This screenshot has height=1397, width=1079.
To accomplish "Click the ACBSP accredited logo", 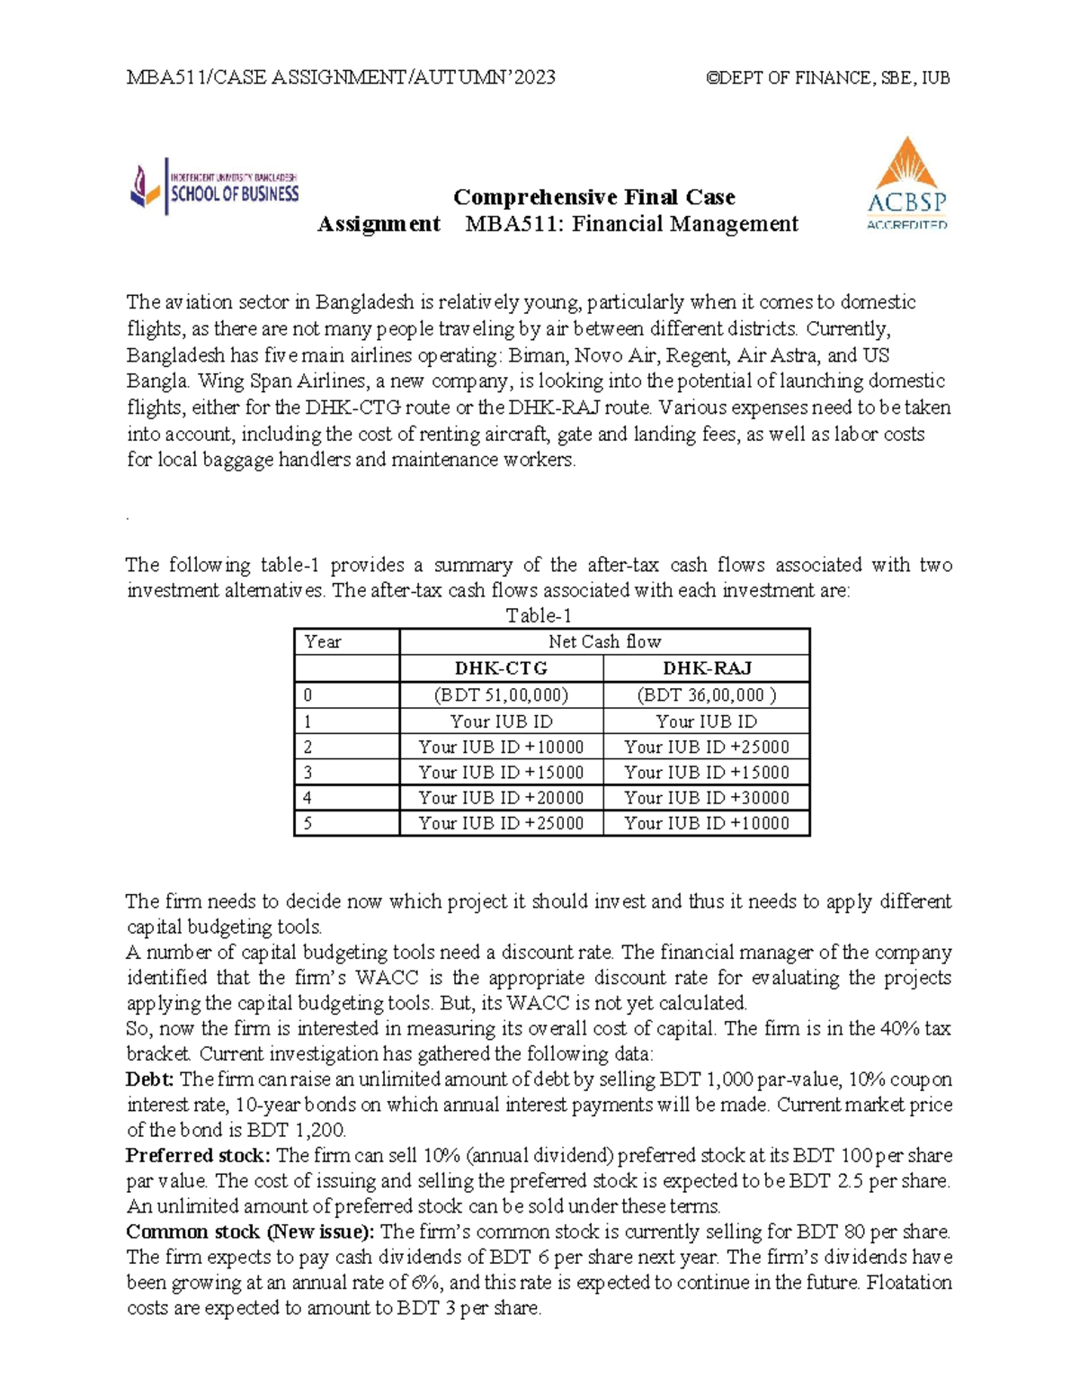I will tap(906, 184).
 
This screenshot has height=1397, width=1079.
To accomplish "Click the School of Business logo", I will tap(215, 186).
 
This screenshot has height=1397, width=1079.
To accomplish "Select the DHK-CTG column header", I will tap(501, 668).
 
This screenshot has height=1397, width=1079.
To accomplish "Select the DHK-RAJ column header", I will tap(707, 668).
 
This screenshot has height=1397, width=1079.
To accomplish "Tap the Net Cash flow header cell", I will tap(604, 641).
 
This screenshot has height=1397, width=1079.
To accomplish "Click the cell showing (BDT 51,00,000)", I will tap(501, 695).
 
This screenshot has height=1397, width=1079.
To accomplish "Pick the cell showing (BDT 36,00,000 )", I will tap(707, 695).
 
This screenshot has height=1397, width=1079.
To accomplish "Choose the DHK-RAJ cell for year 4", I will tap(707, 798).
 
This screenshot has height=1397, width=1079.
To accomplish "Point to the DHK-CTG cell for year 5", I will tap(501, 823).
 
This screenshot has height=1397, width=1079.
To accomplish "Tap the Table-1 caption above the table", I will tap(539, 616).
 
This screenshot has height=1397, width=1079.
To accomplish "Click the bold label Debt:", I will tap(149, 1079).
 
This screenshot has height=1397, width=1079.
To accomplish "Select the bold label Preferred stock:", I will tap(198, 1155).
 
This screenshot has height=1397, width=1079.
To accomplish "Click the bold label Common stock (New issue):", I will tap(253, 1231).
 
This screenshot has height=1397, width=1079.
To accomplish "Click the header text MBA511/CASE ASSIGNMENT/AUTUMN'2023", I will tap(341, 77).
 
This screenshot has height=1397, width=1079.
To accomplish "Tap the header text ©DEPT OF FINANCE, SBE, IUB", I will tap(828, 77).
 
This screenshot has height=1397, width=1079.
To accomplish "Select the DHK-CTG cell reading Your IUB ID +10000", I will tap(501, 747).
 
